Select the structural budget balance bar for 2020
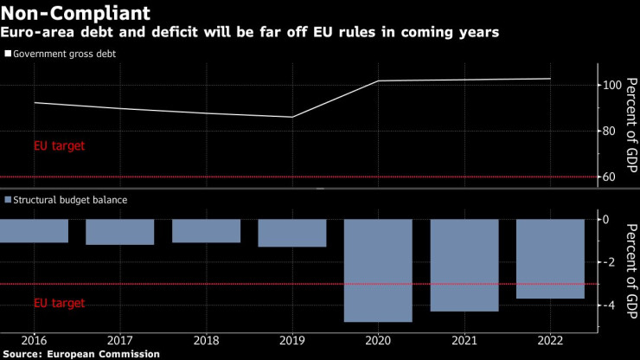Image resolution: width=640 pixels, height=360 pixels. click(378, 270)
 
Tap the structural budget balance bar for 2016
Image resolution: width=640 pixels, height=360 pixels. click(34, 230)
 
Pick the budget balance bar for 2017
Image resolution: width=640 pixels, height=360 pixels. click(119, 232)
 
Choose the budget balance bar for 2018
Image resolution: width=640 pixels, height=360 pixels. click(206, 230)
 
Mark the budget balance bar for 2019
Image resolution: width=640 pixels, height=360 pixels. click(292, 233)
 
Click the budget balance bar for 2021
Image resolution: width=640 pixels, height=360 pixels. click(464, 265)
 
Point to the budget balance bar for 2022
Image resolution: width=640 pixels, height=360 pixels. click(550, 259)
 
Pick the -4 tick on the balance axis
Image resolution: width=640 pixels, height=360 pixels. click(609, 305)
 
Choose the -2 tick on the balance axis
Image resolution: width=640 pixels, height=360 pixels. click(609, 262)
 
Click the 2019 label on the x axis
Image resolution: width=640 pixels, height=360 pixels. click(292, 340)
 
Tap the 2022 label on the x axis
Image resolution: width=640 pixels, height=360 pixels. click(551, 340)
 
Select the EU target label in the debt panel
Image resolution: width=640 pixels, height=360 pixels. click(59, 146)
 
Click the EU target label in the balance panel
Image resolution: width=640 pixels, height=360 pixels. click(59, 304)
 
